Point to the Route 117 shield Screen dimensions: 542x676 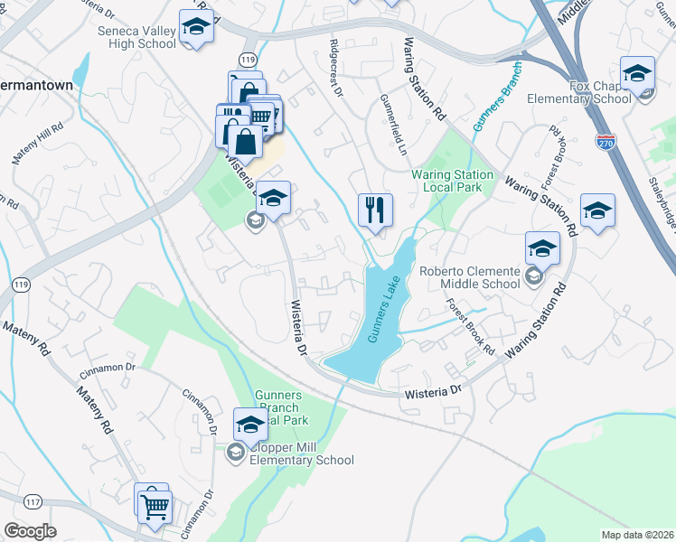tap(33, 501)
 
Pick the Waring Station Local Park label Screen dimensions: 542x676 tap(453, 181)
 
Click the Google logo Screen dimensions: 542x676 tap(30, 531)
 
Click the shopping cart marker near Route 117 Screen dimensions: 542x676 tap(154, 506)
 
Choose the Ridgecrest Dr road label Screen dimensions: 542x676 tap(336, 68)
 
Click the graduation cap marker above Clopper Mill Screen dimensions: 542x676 tap(250, 423)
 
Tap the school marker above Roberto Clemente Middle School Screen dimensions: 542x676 tap(542, 248)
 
